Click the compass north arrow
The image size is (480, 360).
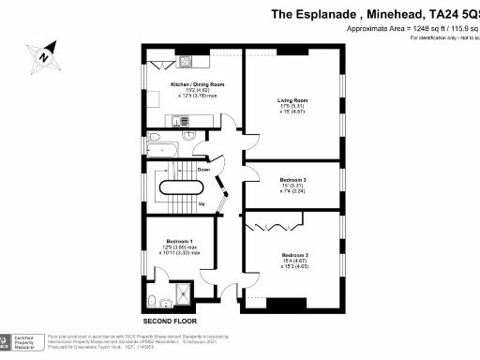click(x=44, y=55)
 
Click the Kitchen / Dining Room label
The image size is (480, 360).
click(x=192, y=84)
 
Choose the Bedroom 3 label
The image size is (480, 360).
click(x=293, y=178)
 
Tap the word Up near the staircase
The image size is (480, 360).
click(x=201, y=202)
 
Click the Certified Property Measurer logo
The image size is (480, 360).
click(x=22, y=340)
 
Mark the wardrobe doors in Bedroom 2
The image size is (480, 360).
click(x=275, y=225)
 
